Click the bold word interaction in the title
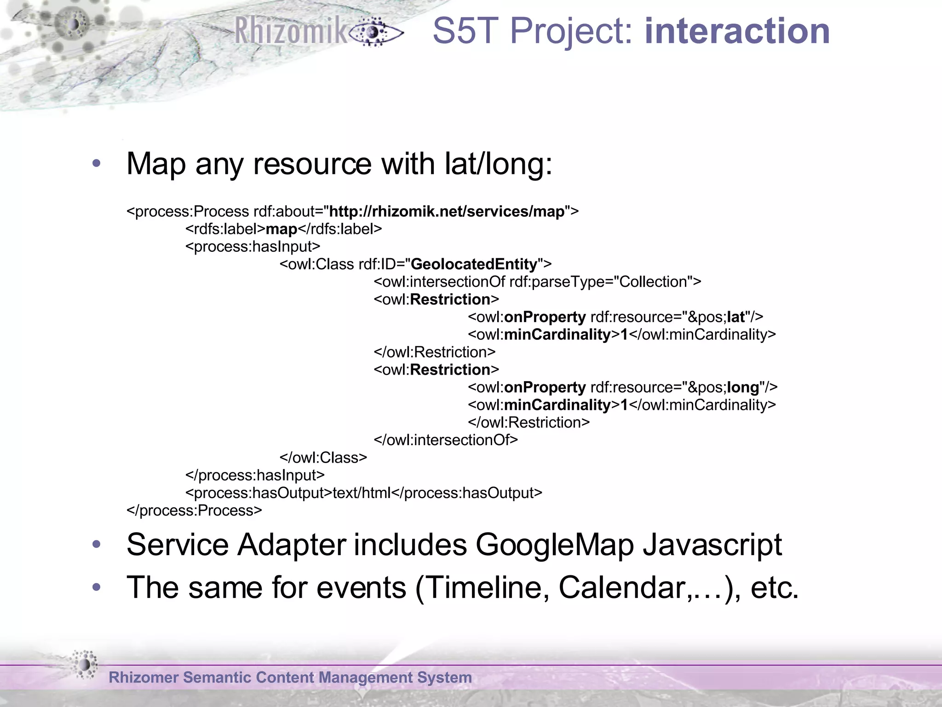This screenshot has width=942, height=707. [x=737, y=31]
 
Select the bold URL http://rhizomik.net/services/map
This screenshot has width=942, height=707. [x=447, y=212]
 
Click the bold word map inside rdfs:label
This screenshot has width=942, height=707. [x=281, y=229]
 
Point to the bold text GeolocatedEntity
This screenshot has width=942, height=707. [x=474, y=264]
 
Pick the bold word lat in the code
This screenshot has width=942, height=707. [x=735, y=317]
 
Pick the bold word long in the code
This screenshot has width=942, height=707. [x=742, y=388]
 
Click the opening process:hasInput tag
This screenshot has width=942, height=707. [x=253, y=247]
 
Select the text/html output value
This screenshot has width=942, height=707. [x=362, y=493]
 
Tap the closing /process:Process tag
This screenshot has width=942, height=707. [x=194, y=510]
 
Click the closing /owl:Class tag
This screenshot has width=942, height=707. [x=323, y=458]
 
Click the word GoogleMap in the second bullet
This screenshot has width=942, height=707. [x=554, y=545]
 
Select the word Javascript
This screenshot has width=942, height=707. [x=712, y=545]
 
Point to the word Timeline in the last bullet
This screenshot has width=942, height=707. [x=482, y=588]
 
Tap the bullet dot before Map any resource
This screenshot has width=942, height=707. [x=96, y=163]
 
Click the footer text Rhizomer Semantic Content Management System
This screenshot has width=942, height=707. [x=290, y=678]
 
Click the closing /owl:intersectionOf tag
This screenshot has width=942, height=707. [x=446, y=440]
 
